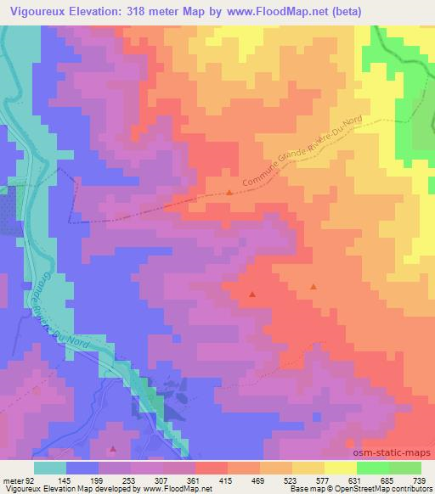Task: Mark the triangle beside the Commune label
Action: (229, 193)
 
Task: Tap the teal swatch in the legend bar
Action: (50, 468)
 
